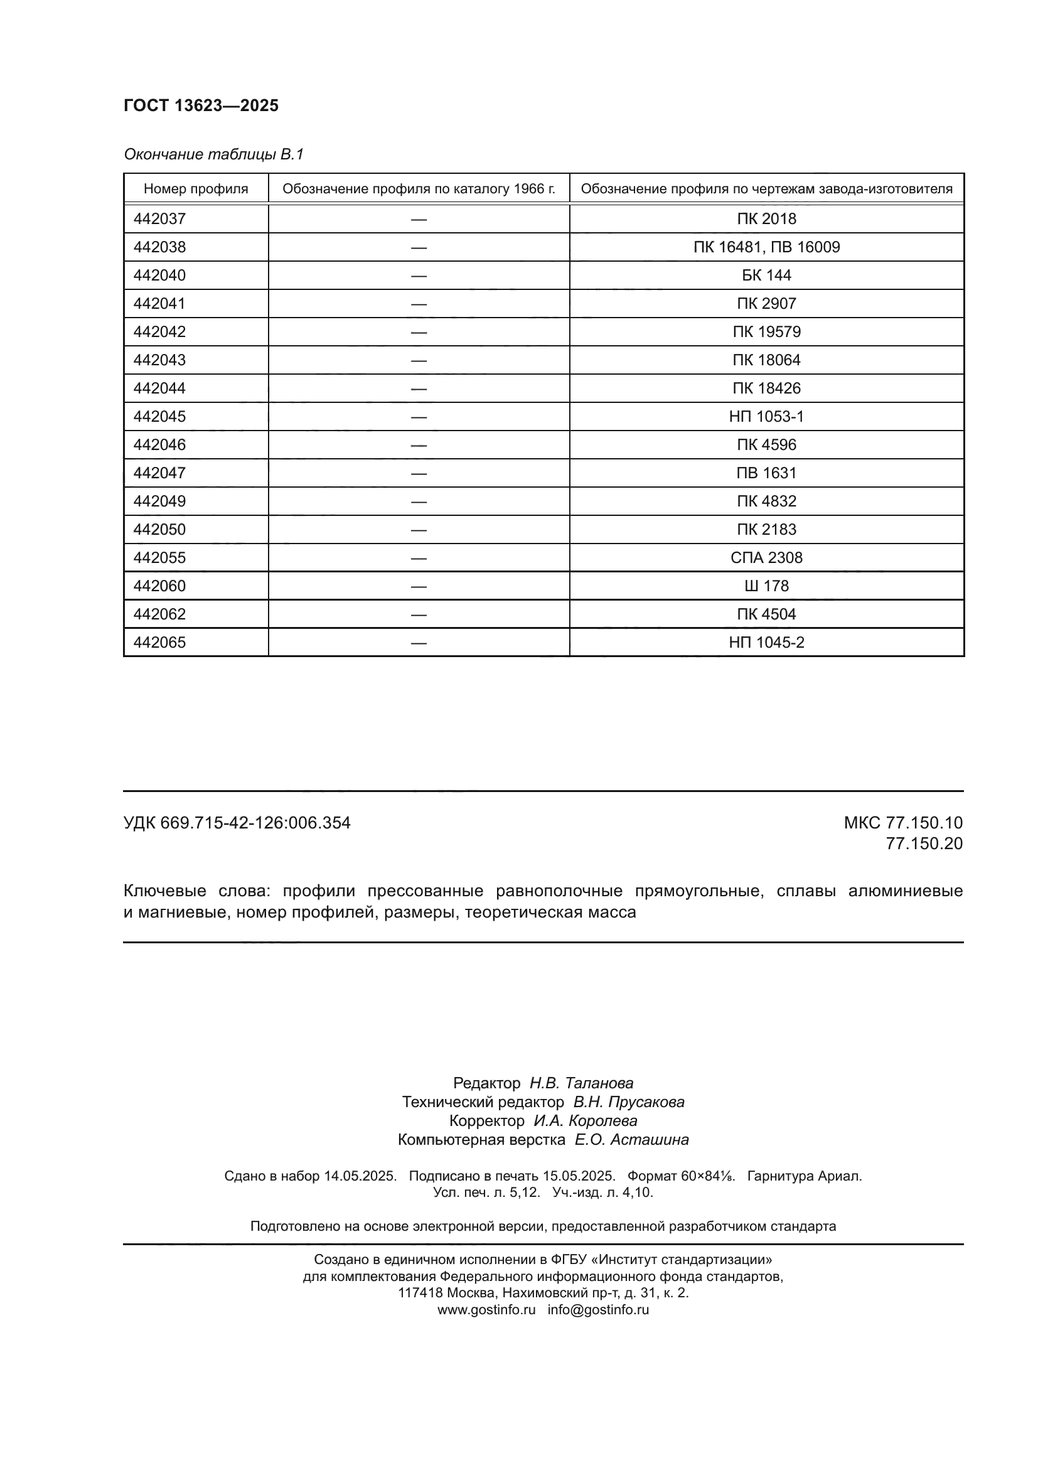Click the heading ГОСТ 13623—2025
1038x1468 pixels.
click(201, 105)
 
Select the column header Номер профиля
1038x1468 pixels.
click(196, 189)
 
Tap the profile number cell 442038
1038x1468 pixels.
click(160, 247)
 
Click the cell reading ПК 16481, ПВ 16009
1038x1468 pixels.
click(766, 247)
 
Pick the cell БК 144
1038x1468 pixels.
click(766, 275)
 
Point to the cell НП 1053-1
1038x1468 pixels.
click(766, 416)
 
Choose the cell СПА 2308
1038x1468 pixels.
click(766, 557)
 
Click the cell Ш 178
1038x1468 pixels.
click(766, 586)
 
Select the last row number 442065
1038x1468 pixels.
click(160, 642)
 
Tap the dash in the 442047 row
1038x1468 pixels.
click(419, 473)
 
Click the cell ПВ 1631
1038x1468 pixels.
click(766, 473)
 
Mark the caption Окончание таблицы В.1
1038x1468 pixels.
click(213, 154)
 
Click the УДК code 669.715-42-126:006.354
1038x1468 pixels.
click(255, 823)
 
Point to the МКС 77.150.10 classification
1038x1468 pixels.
click(902, 823)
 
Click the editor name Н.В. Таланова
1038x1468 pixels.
click(581, 1083)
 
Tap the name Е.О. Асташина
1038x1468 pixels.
click(631, 1139)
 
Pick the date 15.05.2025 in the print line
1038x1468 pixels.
click(579, 1176)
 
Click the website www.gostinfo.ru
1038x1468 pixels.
click(486, 1309)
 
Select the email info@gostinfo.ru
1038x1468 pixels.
click(597, 1309)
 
